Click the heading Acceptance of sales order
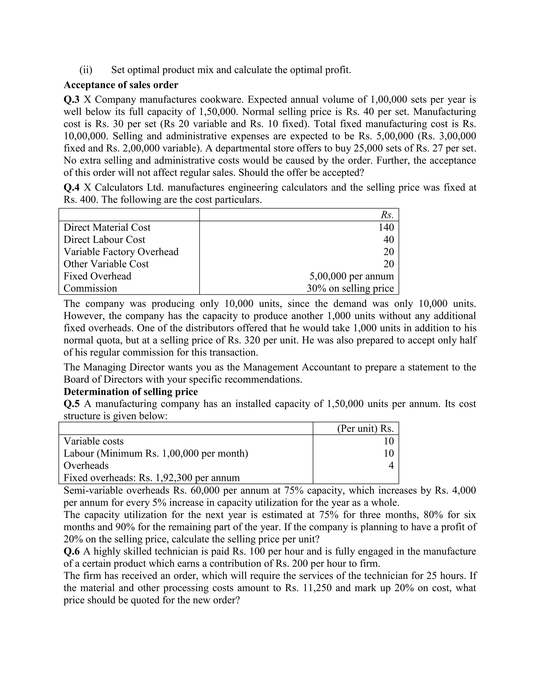coord(121,85)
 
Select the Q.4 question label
coord(71,187)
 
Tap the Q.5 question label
coord(71,404)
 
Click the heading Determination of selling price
coord(131,392)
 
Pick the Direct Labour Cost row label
coord(104,240)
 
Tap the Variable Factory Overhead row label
coord(121,252)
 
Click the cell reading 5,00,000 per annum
coord(351,276)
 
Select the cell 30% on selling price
coord(350,288)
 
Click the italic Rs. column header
coord(387,214)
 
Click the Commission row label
coord(90,288)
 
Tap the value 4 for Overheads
coord(391,465)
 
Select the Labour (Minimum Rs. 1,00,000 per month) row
coord(156,453)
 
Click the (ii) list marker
coord(86,70)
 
